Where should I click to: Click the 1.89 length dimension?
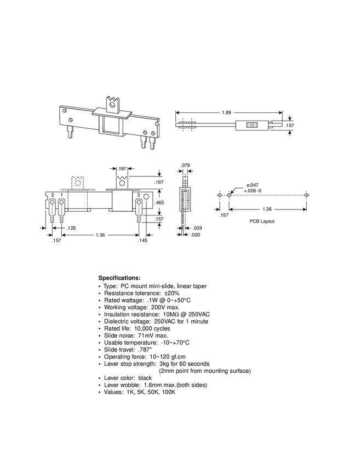point(226,112)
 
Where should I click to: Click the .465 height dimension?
point(159,203)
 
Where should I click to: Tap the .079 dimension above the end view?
point(185,165)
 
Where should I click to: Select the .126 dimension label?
point(71,228)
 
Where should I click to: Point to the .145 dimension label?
point(142,241)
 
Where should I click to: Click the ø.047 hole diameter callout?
point(252,185)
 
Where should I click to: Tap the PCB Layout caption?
point(262,221)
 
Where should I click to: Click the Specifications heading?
point(119,278)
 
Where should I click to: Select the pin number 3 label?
point(139,195)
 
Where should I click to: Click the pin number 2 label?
point(53,195)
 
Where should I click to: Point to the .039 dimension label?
point(197,228)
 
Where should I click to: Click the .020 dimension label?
point(196,235)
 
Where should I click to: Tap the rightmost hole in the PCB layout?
point(306,195)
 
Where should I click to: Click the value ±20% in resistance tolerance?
point(172,293)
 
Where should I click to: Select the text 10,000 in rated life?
point(143,329)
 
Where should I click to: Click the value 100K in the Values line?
point(168,392)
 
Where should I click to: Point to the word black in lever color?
point(145,378)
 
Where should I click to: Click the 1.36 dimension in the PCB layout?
point(267,209)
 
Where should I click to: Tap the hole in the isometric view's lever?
point(112,105)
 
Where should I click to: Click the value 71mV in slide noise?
point(146,336)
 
